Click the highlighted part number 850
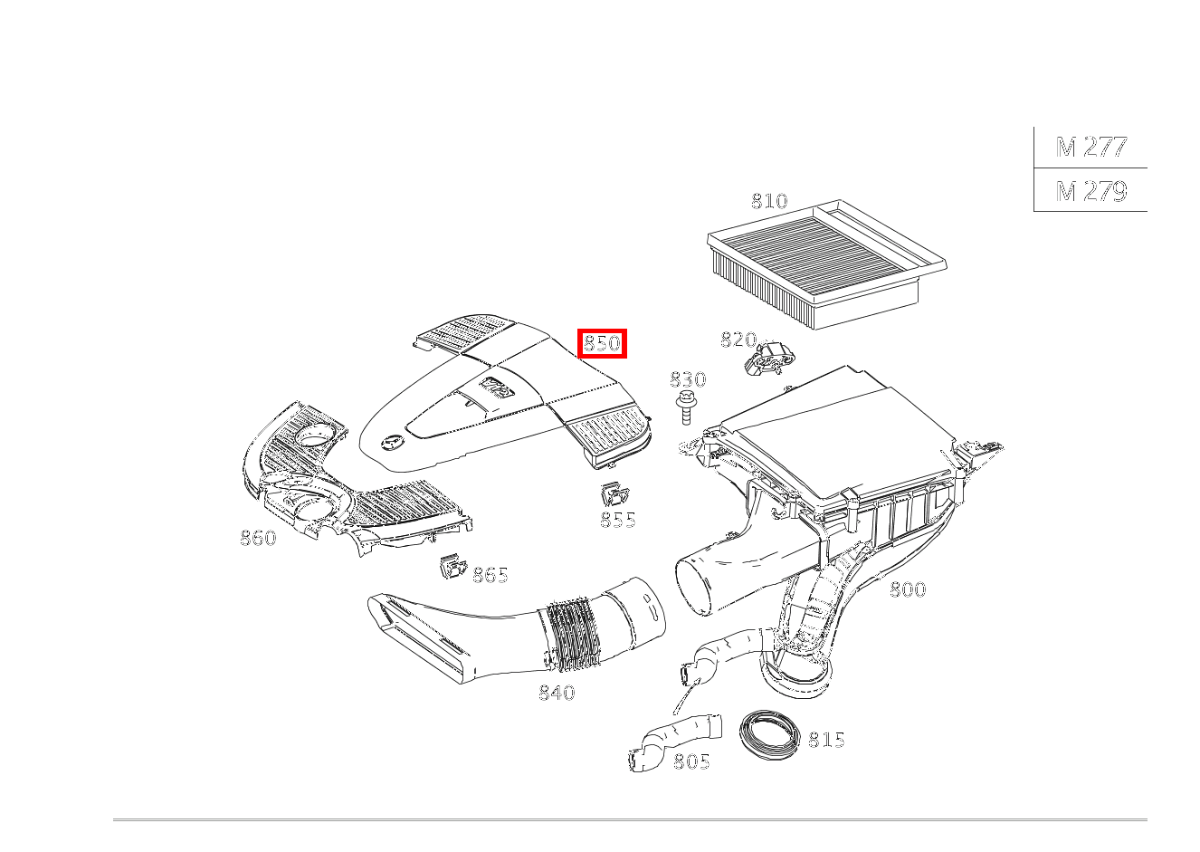point(602,343)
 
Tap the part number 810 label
point(769,201)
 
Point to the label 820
point(738,340)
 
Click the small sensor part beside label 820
point(767,359)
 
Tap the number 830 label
point(687,379)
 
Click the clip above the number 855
point(615,494)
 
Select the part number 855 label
point(617,520)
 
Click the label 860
point(258,538)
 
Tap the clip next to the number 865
point(452,569)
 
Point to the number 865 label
point(490,574)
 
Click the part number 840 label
point(557,693)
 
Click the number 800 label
point(907,589)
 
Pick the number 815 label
point(825,740)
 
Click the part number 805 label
point(691,761)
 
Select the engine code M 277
point(1090,147)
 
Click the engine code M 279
point(1090,190)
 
